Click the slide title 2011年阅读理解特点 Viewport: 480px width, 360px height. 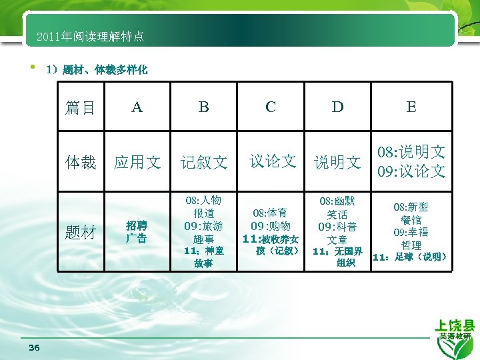coord(91,36)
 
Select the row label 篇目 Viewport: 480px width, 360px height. coord(81,107)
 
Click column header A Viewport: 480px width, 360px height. coord(137,107)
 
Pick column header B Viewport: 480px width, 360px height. coord(204,107)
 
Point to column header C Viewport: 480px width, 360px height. coord(271,107)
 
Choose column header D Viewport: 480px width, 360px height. coord(338,107)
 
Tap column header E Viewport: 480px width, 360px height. coord(411,107)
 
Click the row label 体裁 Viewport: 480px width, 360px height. coord(81,162)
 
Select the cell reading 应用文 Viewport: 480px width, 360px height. coord(137,162)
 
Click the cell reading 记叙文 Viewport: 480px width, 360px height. coord(204,162)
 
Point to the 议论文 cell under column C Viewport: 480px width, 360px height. coord(272,161)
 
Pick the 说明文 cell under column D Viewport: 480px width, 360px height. coord(338,162)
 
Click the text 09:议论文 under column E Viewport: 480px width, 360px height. coord(411,172)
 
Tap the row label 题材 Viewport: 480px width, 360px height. coord(81,232)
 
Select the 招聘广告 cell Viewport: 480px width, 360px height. coord(137,232)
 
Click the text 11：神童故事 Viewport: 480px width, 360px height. coord(204,257)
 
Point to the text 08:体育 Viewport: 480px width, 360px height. coord(271,213)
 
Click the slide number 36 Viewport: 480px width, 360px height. coord(35,348)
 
